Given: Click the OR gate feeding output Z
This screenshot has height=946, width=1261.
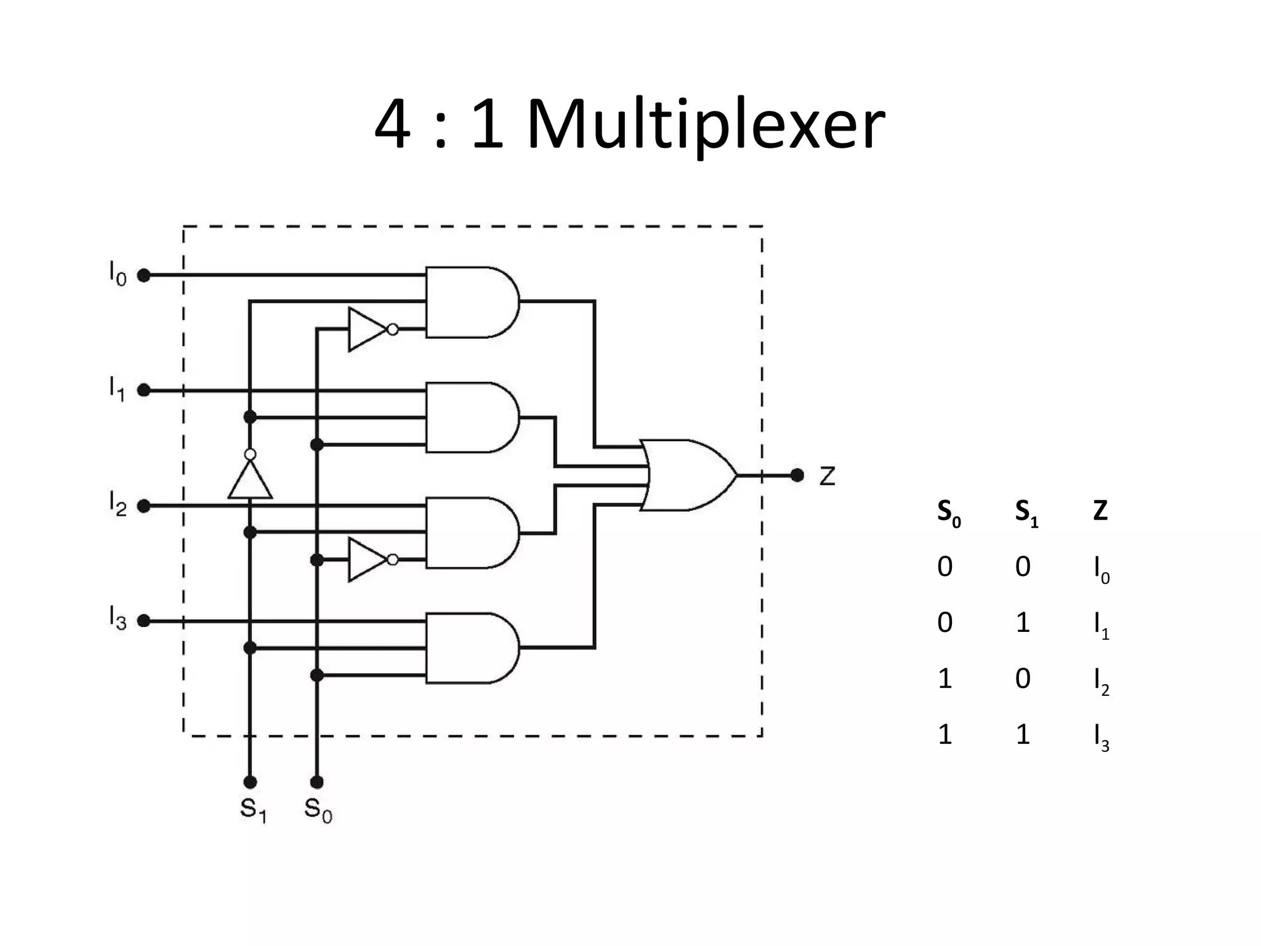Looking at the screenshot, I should pyautogui.click(x=687, y=475).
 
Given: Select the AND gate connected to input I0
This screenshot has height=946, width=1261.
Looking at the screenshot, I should pyautogui.click(x=471, y=302).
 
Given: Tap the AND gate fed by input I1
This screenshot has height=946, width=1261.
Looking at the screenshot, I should pyautogui.click(x=471, y=418).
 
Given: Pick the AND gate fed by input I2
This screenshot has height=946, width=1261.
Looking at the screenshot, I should pyautogui.click(x=471, y=533).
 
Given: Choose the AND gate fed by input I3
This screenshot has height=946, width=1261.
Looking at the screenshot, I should pyautogui.click(x=471, y=648).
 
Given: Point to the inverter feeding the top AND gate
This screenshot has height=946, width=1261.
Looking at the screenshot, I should pyautogui.click(x=368, y=329).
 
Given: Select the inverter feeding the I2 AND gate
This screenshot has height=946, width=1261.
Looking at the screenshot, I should pyautogui.click(x=368, y=559).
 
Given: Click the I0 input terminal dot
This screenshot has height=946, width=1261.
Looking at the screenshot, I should pyautogui.click(x=143, y=275).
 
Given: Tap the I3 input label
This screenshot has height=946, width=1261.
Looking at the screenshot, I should pyautogui.click(x=117, y=618).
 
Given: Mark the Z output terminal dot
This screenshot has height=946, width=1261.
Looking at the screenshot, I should pyautogui.click(x=797, y=475).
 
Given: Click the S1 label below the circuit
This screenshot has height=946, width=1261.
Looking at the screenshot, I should pyautogui.click(x=253, y=809).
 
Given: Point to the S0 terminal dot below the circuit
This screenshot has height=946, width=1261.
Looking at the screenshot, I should pyautogui.click(x=316, y=782).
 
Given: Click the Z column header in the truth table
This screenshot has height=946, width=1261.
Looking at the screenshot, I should pyautogui.click(x=1100, y=511).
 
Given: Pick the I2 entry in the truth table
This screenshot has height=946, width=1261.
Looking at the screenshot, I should pyautogui.click(x=1101, y=681).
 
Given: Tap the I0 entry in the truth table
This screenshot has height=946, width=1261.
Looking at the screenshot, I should pyautogui.click(x=1101, y=569).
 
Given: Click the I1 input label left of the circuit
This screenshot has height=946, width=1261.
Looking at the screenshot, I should pyautogui.click(x=117, y=388).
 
